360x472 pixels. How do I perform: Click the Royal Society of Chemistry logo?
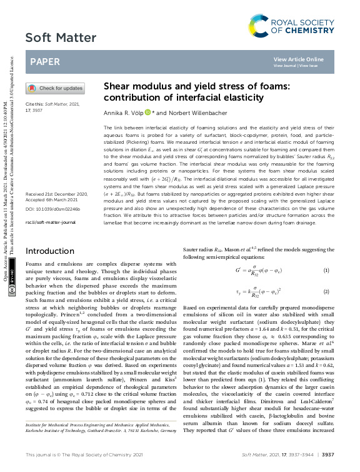(306, 26)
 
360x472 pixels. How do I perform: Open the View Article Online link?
(299, 59)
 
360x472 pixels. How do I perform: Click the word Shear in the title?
(117, 86)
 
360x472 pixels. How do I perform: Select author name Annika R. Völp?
(122, 113)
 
